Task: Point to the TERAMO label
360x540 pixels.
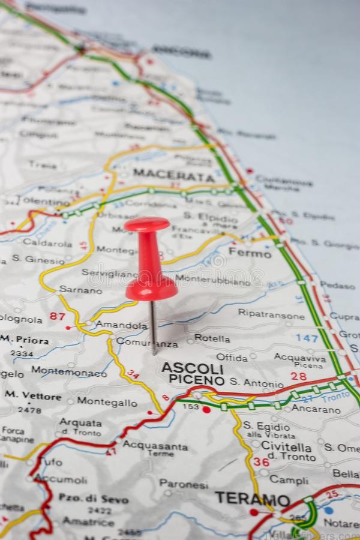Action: pyautogui.click(x=253, y=499)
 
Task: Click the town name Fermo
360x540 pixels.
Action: pyautogui.click(x=250, y=254)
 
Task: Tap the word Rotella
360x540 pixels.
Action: pyautogui.click(x=212, y=338)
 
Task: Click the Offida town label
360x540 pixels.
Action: pyautogui.click(x=232, y=358)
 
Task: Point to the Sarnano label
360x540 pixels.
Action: pyautogui.click(x=80, y=290)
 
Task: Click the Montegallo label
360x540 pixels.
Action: pyautogui.click(x=107, y=403)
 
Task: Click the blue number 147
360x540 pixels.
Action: pyautogui.click(x=307, y=338)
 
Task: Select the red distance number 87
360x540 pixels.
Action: pyautogui.click(x=58, y=316)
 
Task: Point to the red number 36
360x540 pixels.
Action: pyautogui.click(x=261, y=461)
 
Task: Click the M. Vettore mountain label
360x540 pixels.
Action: pyautogui.click(x=33, y=396)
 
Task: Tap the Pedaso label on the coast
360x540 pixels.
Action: pyautogui.click(x=338, y=286)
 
